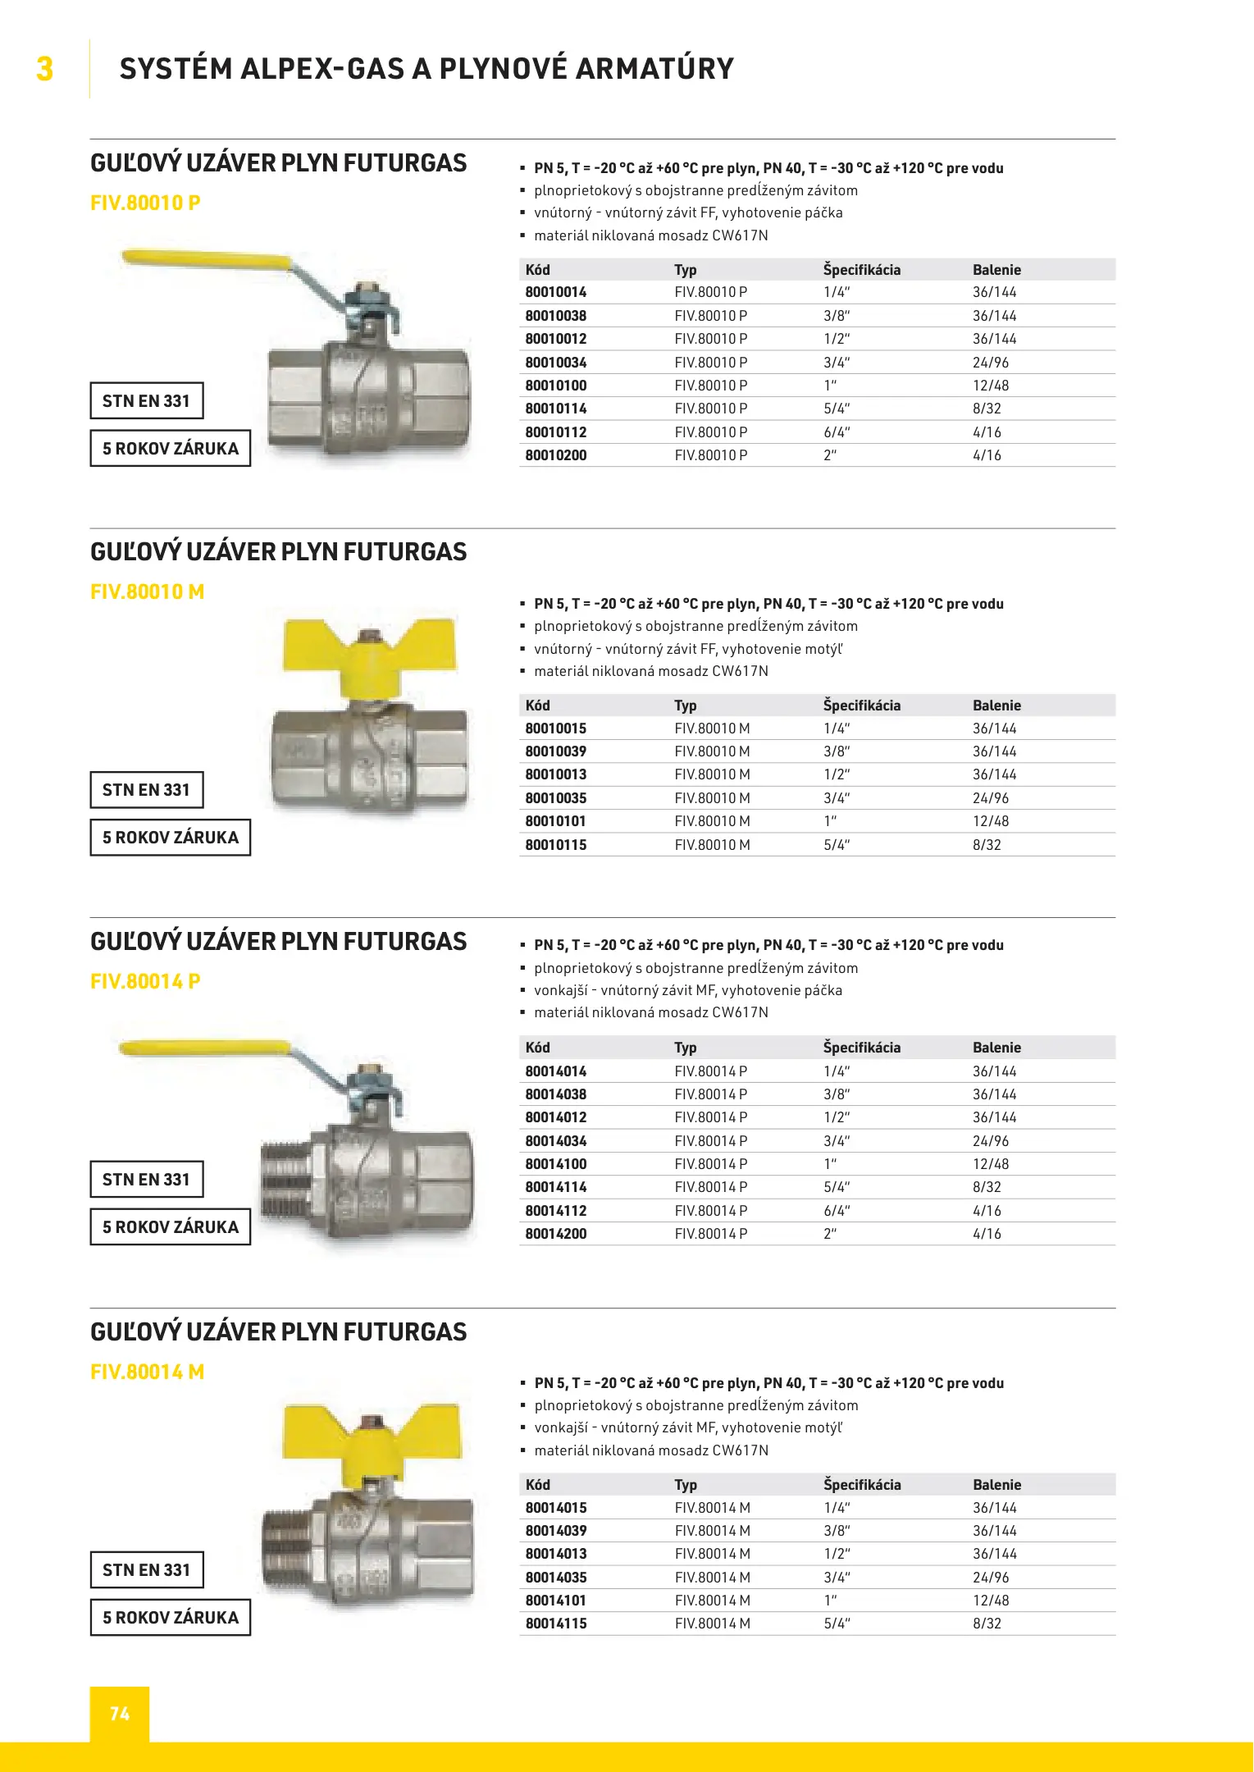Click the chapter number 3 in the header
pyautogui.click(x=45, y=69)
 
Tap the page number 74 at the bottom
pyautogui.click(x=120, y=1714)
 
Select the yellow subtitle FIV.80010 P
pyautogui.click(x=145, y=203)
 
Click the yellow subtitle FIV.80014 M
pyautogui.click(x=147, y=1372)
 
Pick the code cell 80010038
pyautogui.click(x=556, y=316)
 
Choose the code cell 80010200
pyautogui.click(x=556, y=455)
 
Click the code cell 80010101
pyautogui.click(x=556, y=821)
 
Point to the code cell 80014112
pyautogui.click(x=556, y=1211)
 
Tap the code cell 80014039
pyautogui.click(x=556, y=1531)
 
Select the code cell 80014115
pyautogui.click(x=556, y=1624)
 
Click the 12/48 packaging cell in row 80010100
pyautogui.click(x=991, y=386)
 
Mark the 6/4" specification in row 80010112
pyautogui.click(x=837, y=432)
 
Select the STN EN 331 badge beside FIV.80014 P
pyautogui.click(x=146, y=1180)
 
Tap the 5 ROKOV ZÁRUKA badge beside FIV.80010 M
pyautogui.click(x=170, y=838)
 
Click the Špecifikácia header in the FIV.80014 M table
pyautogui.click(x=862, y=1485)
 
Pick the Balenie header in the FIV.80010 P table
pyautogui.click(x=996, y=270)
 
